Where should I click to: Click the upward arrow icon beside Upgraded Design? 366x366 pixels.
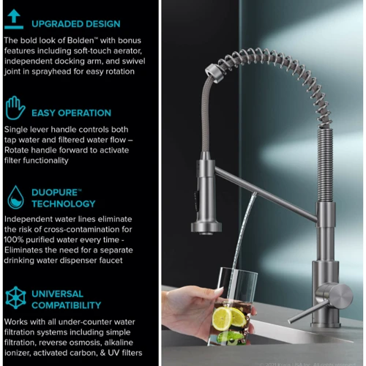(x=14, y=19)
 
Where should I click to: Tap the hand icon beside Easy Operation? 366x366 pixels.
(x=15, y=108)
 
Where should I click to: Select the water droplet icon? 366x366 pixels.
(x=15, y=197)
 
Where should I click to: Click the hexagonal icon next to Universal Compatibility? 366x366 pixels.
(x=15, y=298)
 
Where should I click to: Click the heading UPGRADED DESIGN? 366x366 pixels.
(x=76, y=24)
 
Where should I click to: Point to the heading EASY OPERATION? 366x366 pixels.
(x=71, y=113)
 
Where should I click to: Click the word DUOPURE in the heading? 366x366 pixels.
(x=54, y=193)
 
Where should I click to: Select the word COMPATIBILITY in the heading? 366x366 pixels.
(x=66, y=305)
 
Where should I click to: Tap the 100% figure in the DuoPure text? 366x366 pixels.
(x=14, y=239)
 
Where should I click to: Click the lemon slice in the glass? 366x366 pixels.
(x=223, y=318)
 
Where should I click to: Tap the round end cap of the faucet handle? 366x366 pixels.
(x=341, y=296)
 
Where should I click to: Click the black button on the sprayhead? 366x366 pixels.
(x=197, y=200)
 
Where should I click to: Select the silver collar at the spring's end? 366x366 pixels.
(x=214, y=72)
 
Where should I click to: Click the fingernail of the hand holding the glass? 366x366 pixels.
(x=219, y=291)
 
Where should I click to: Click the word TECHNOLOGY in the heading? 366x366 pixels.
(x=64, y=203)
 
